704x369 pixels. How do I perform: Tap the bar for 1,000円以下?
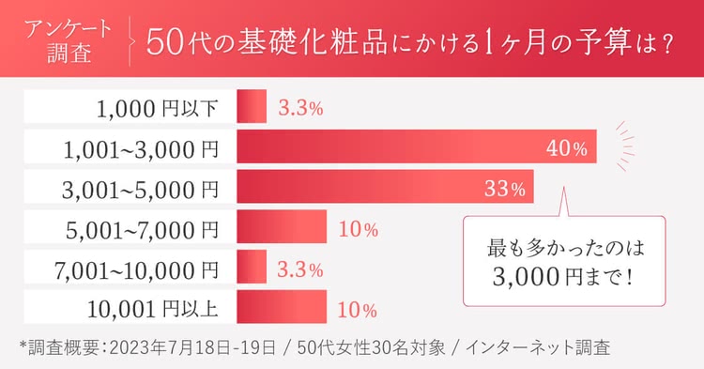pos(252,107)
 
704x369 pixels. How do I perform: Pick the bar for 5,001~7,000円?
pos(282,228)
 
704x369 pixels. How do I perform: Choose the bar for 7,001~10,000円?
pos(252,269)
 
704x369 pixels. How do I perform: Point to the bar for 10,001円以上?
pos(282,309)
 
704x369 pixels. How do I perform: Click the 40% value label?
pos(567,148)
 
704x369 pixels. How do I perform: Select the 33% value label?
pos(505,189)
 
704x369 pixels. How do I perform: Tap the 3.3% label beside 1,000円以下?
pos(300,108)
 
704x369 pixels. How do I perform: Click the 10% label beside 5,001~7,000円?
pos(358,229)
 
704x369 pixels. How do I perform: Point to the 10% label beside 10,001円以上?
pos(358,310)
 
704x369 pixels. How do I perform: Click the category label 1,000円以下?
pos(157,108)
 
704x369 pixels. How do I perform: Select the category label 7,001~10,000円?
pos(137,269)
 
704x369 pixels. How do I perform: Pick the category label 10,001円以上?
pos(152,310)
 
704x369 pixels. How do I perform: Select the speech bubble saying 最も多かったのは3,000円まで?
pos(563,264)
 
